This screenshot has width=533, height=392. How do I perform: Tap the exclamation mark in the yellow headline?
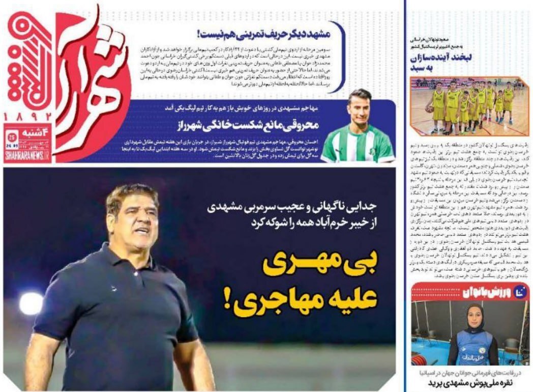pyautogui.click(x=226, y=300)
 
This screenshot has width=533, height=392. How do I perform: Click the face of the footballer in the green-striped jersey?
pyautogui.click(x=360, y=108)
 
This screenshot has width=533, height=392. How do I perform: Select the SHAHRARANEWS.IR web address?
pyautogui.click(x=26, y=158)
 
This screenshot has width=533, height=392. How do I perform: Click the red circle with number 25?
pyautogui.click(x=12, y=136)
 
